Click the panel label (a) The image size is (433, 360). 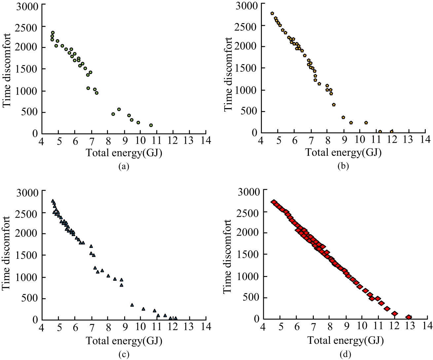(124, 166)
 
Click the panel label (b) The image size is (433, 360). (343, 166)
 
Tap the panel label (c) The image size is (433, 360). (124, 354)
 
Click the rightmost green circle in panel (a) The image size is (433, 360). (151, 125)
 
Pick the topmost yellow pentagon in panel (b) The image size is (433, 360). (272, 14)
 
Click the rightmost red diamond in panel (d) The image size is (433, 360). (409, 317)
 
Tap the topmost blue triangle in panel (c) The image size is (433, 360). (53, 201)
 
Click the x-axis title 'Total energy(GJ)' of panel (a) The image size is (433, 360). (124, 153)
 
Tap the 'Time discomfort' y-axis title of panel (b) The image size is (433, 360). (228, 74)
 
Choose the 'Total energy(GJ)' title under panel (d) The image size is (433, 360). (345, 340)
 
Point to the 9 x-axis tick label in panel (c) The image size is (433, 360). (124, 327)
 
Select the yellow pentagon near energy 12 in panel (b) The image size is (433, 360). (392, 132)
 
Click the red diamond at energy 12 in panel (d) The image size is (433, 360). (394, 313)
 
